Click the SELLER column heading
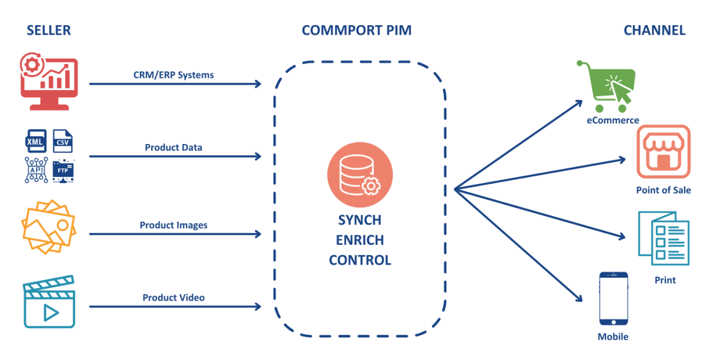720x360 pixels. coord(48,30)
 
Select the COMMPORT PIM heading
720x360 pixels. coord(356,30)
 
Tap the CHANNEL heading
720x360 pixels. coord(654,30)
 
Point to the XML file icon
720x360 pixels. coord(36,141)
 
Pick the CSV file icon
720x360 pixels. coord(62,141)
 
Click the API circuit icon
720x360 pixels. coord(36,170)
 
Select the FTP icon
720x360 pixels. coord(62,170)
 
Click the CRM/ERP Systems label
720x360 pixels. coord(173,75)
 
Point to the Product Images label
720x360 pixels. coord(173,225)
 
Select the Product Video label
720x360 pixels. coord(173,298)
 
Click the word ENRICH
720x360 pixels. coord(359,240)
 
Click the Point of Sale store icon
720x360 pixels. coord(663,151)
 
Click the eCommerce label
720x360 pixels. coord(613,120)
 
